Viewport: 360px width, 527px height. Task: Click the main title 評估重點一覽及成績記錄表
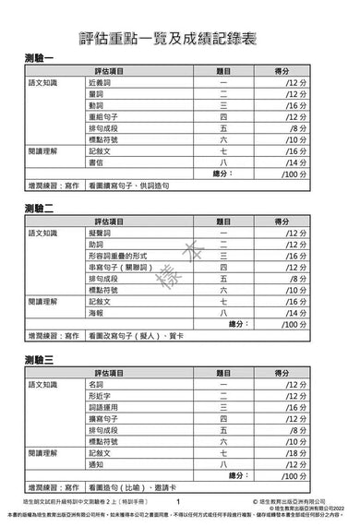click(180, 36)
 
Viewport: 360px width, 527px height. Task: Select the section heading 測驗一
click(42, 58)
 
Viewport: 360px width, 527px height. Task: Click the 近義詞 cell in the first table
click(102, 83)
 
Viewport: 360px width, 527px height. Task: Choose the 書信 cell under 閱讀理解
click(97, 161)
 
